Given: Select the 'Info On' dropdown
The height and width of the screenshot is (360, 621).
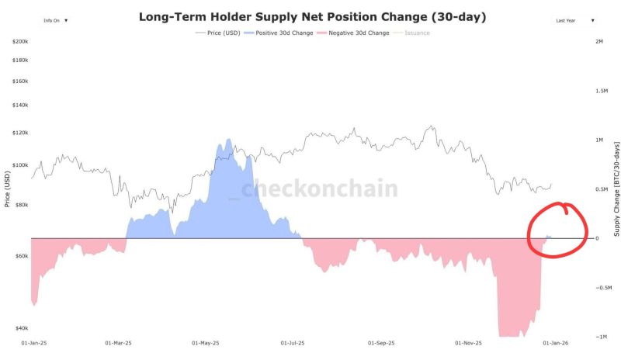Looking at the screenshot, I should click(x=55, y=21).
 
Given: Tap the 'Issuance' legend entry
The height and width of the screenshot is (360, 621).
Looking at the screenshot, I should click(x=413, y=33).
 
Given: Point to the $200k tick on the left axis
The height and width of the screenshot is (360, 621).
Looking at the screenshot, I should click(x=20, y=40).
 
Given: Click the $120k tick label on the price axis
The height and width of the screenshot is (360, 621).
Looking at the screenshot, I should click(x=20, y=133).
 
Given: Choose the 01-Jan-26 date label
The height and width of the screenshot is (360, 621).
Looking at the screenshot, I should click(x=556, y=342).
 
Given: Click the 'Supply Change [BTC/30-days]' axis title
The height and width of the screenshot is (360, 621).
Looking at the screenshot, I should click(x=616, y=189).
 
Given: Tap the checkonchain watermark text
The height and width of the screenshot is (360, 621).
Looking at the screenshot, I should click(x=318, y=189).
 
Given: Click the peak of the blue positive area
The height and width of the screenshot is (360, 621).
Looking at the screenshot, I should click(x=228, y=140).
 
